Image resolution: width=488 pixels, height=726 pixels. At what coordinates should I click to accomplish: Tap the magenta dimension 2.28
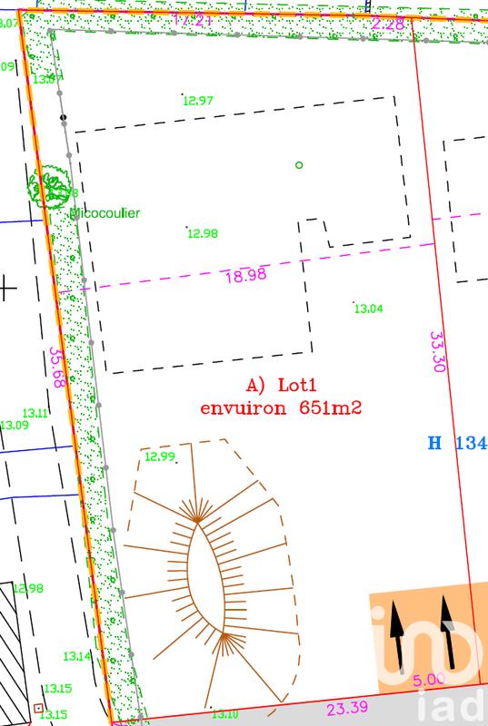[389, 23]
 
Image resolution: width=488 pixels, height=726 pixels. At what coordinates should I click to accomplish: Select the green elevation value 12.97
[198, 100]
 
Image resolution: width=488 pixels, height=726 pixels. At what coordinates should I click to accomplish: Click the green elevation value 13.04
[368, 309]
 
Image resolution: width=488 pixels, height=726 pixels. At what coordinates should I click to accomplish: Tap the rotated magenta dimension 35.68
[57, 368]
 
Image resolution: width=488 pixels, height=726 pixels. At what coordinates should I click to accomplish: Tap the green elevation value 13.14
[76, 655]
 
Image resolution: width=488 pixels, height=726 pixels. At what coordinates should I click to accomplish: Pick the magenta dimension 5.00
[429, 678]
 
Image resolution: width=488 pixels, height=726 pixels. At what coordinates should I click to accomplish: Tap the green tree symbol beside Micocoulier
[50, 186]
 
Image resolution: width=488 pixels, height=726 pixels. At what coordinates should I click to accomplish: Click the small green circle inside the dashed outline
[299, 164]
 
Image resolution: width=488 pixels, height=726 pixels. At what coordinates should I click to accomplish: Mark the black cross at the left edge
[7, 289]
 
